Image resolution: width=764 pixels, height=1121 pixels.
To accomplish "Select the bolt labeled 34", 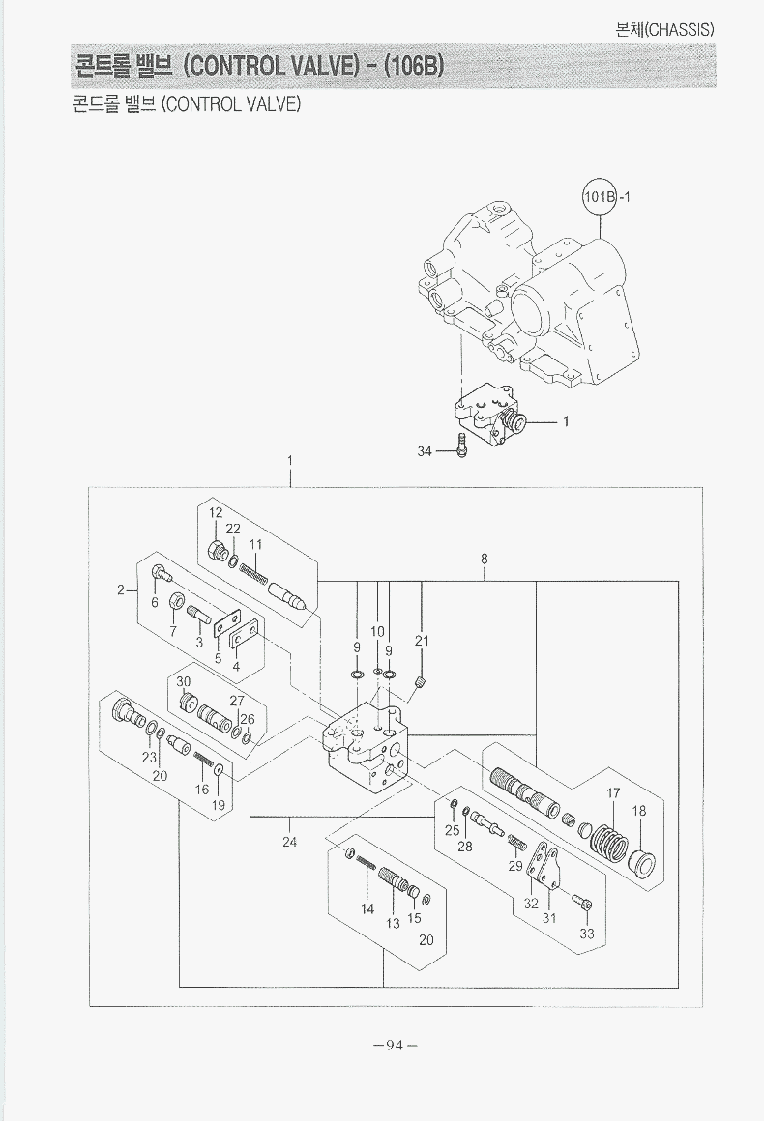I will click(x=461, y=447).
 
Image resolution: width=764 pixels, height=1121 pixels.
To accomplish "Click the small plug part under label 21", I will click(x=421, y=684).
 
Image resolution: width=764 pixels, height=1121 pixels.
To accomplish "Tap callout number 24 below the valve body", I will click(x=289, y=842).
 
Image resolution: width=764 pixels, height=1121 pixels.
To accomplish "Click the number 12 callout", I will click(x=216, y=512).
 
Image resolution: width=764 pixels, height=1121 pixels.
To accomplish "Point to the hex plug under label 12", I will click(x=219, y=552).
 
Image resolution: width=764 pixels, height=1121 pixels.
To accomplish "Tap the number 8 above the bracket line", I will click(x=484, y=559).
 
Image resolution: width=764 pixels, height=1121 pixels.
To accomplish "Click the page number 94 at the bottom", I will click(x=394, y=1045).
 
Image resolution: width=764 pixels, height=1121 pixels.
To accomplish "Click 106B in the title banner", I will click(x=414, y=67).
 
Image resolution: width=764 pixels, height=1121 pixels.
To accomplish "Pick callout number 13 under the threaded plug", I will click(x=394, y=923).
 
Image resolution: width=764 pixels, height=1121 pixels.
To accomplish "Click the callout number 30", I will click(x=184, y=680).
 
